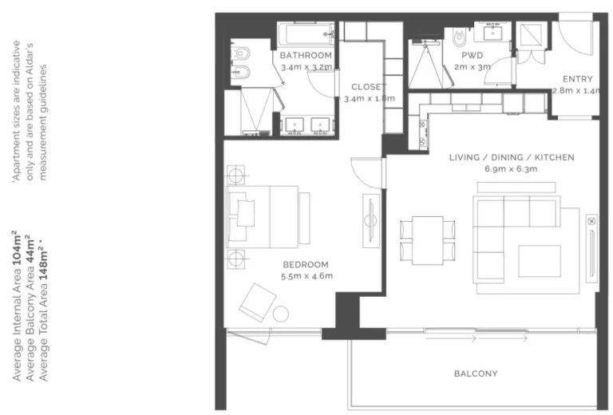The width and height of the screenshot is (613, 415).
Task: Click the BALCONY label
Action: [x=476, y=373]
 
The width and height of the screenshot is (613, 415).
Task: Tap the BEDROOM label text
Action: [x=306, y=264]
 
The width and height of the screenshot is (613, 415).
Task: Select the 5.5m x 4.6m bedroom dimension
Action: [x=306, y=276]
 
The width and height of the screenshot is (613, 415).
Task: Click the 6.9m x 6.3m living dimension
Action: [x=511, y=169]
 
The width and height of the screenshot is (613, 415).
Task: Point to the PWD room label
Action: [x=473, y=55]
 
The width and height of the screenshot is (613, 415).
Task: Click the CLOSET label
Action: [x=369, y=87]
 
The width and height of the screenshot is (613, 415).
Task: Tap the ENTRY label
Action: [x=577, y=79]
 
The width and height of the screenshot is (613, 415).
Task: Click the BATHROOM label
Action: [x=306, y=55]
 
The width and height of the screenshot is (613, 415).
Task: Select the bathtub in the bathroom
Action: [x=306, y=34]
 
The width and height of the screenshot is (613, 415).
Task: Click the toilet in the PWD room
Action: [x=459, y=37]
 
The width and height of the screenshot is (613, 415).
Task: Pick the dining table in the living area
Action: [x=427, y=240]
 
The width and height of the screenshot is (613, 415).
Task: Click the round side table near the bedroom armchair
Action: [x=280, y=314]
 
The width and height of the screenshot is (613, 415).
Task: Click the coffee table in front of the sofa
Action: [x=540, y=261]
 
